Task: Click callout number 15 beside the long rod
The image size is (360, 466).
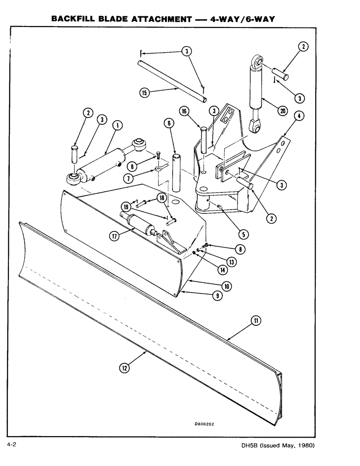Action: [x=145, y=92]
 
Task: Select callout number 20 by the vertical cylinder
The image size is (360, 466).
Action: [x=282, y=110]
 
